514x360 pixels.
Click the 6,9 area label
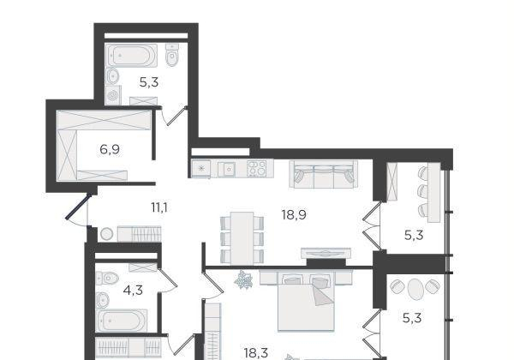(110, 150)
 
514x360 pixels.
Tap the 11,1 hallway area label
(159, 207)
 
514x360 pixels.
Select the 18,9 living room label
(294, 215)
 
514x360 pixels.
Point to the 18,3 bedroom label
(255, 353)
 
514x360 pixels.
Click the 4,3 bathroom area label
(133, 291)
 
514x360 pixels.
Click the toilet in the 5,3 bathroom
(172, 55)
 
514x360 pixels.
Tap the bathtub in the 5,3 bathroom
(132, 56)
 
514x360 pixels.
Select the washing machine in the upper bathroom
(113, 95)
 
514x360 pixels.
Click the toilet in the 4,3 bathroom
(108, 279)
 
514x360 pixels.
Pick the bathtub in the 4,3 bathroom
(122, 320)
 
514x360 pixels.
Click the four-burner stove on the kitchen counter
(257, 168)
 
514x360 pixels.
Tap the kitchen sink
(229, 169)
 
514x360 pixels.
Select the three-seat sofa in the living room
(323, 174)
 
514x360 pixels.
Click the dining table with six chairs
(242, 238)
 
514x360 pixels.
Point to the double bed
(306, 300)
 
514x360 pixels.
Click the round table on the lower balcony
(415, 289)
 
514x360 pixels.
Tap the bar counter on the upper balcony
(433, 193)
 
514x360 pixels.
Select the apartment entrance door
(77, 207)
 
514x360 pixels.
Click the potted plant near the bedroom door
(243, 279)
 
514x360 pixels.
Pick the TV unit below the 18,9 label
(326, 253)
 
